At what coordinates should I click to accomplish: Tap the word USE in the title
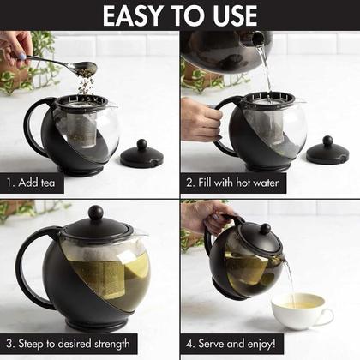(x=229, y=15)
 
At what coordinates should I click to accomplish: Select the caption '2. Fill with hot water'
(x=233, y=183)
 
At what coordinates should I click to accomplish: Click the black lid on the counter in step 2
(x=327, y=153)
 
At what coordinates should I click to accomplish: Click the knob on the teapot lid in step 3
(x=95, y=213)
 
